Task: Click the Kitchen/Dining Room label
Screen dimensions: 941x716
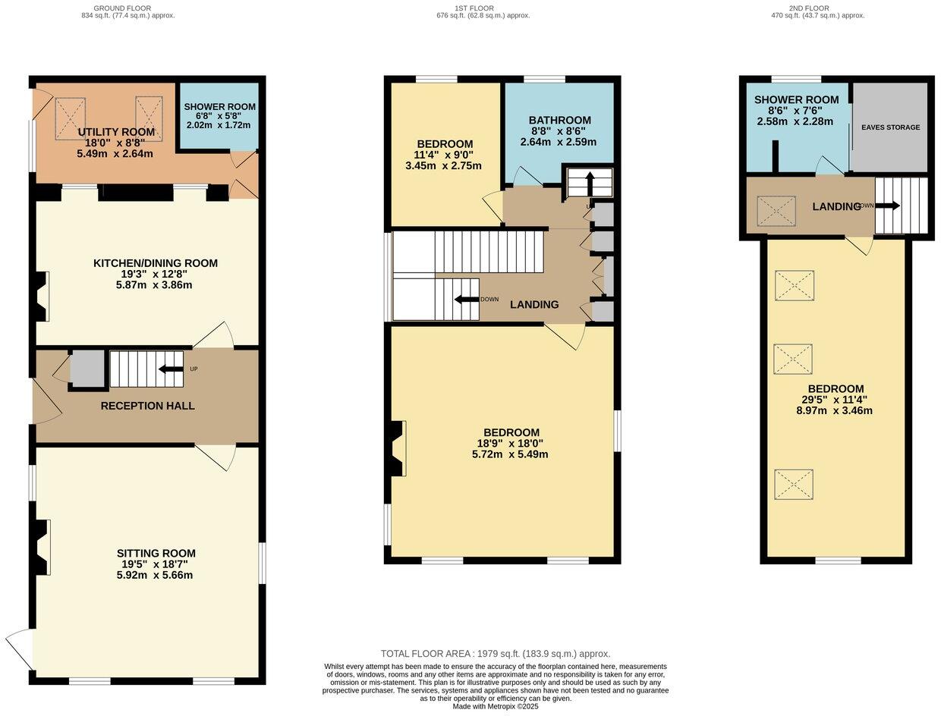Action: [156, 262]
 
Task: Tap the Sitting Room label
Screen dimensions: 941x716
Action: [156, 553]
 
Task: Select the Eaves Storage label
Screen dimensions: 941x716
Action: [890, 127]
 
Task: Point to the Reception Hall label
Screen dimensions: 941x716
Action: [147, 405]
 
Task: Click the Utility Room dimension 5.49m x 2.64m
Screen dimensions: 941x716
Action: [115, 153]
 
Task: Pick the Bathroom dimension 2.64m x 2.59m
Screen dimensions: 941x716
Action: [559, 142]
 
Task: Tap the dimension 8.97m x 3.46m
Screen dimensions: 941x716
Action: [836, 410]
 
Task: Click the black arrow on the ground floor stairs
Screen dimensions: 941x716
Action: [170, 369]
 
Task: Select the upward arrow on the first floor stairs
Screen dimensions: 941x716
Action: [590, 183]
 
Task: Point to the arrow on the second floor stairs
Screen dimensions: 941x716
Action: [887, 206]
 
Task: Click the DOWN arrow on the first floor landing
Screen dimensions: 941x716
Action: [467, 299]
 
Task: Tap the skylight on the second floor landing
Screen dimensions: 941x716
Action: [776, 211]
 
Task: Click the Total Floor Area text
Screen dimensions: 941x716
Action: [495, 654]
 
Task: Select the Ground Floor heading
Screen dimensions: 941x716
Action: [122, 8]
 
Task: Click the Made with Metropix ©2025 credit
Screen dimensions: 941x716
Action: [495, 706]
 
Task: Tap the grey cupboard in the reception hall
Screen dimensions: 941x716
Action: [87, 369]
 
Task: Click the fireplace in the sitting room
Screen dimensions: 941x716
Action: [41, 547]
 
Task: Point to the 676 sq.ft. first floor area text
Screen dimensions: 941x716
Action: [483, 15]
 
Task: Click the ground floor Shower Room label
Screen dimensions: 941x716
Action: [219, 106]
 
